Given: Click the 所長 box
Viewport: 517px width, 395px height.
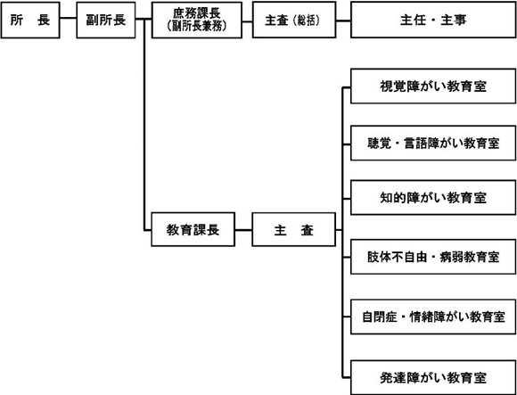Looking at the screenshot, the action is click(x=30, y=21).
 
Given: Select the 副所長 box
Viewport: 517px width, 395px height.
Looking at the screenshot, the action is click(x=106, y=21).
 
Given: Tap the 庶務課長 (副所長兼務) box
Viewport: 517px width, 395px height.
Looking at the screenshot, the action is click(x=197, y=21).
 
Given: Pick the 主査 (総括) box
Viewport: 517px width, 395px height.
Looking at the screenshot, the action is click(x=294, y=21).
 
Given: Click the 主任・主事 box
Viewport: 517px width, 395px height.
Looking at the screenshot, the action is click(x=433, y=21).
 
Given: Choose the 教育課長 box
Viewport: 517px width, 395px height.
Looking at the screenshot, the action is click(x=193, y=229).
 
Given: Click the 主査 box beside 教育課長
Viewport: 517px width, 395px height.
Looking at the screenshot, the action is click(x=294, y=229).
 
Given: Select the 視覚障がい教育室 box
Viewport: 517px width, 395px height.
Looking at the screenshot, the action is click(x=433, y=86).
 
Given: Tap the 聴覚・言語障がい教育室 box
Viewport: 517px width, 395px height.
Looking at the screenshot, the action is click(x=433, y=143).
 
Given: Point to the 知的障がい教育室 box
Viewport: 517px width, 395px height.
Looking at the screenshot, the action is click(x=433, y=198).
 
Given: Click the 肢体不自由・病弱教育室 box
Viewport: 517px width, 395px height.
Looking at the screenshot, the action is click(x=433, y=257).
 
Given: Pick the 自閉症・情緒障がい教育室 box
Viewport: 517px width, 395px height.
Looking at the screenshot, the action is click(x=433, y=317).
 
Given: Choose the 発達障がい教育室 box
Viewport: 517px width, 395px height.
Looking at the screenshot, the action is click(x=433, y=377).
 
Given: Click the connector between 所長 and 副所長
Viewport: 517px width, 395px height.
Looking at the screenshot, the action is click(x=69, y=19).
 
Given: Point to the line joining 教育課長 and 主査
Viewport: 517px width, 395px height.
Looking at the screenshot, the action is click(x=243, y=230).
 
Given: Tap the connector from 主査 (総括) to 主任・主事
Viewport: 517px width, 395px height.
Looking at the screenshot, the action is click(x=343, y=21).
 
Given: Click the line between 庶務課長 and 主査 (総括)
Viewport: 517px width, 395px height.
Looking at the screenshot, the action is click(x=247, y=21).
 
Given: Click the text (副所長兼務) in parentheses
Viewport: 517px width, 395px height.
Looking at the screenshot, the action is click(x=197, y=27).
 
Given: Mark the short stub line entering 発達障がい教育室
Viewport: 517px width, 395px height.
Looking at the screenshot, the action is click(x=347, y=377).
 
